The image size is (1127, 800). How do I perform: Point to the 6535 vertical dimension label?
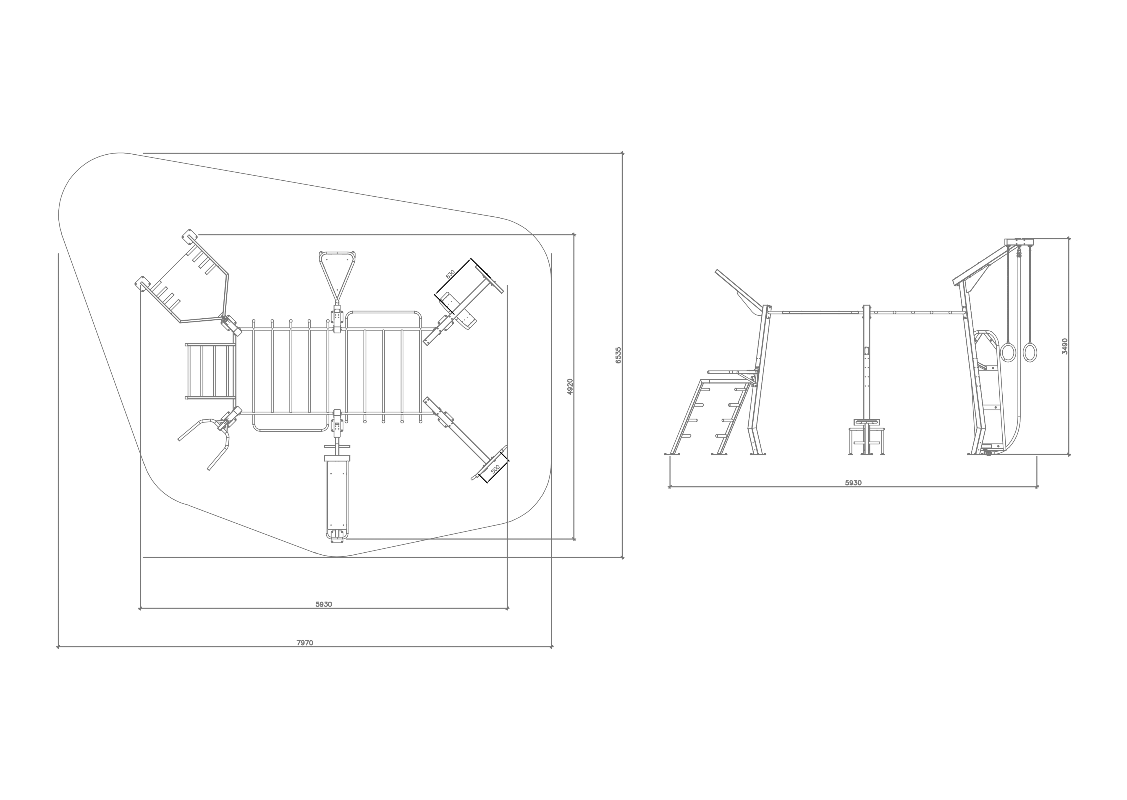[x=618, y=355]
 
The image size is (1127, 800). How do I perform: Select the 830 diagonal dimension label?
[x=450, y=274]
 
